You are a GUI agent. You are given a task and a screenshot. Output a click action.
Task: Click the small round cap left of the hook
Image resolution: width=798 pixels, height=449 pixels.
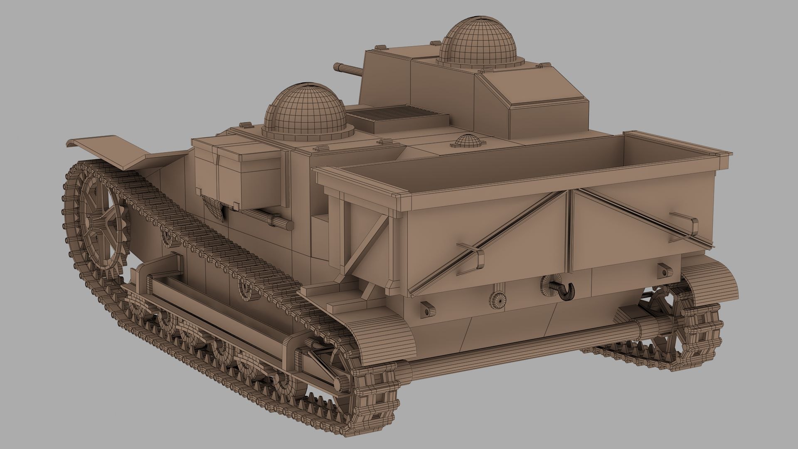click(x=498, y=299)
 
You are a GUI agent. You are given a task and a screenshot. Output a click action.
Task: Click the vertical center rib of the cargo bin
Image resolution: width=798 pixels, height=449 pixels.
click(x=568, y=233)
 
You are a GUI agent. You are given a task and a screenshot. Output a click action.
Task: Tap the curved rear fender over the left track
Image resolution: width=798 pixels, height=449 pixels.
click(x=382, y=337)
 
